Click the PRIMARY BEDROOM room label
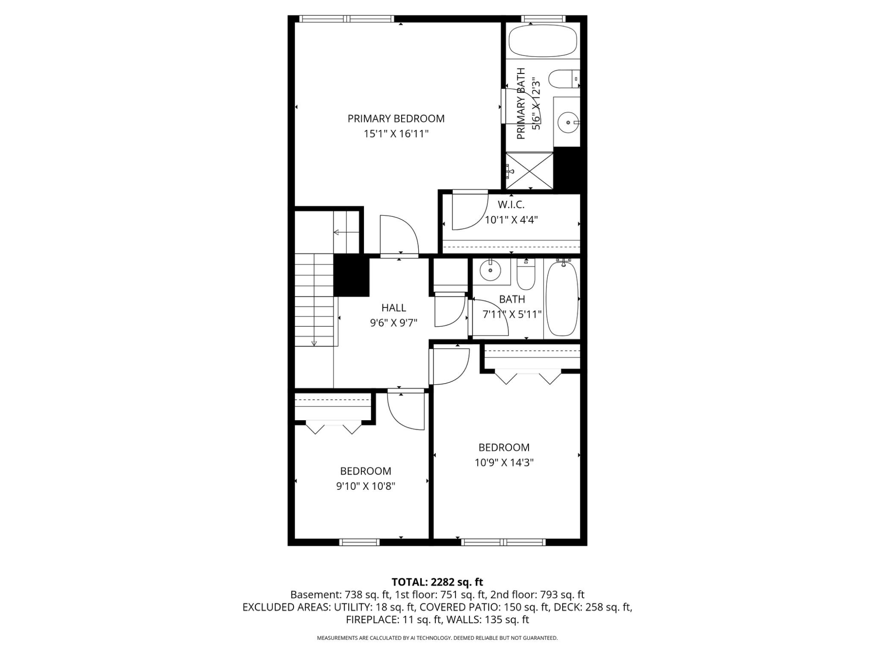click(x=396, y=119)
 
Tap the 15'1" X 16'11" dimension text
click(x=396, y=134)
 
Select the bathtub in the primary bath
click(x=543, y=41)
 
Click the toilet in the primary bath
click(x=563, y=79)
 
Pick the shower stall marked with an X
click(x=529, y=171)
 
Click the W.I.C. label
click(x=511, y=205)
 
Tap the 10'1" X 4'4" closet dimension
click(x=511, y=220)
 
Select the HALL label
click(x=393, y=307)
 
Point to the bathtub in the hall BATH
click(x=562, y=299)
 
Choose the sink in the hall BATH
click(x=490, y=270)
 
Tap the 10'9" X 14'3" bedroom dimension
click(x=504, y=463)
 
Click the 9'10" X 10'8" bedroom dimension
click(x=365, y=486)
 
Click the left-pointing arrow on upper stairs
click(x=337, y=232)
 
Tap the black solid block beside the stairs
click(x=351, y=275)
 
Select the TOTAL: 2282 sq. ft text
click(x=437, y=582)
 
